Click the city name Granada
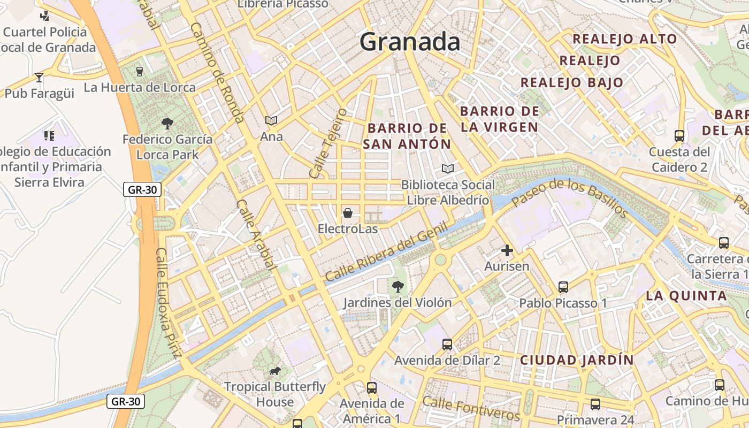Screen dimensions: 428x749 point(410,42)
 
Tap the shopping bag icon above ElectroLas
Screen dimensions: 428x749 point(348,213)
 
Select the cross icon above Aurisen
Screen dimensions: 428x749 point(507,250)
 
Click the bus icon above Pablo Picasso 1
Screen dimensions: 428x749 point(563,287)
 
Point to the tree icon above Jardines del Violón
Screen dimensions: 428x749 point(398,287)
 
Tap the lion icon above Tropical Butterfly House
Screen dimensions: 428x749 point(275,371)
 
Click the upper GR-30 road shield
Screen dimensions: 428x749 point(142,189)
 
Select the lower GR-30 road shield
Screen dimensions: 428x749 point(126,401)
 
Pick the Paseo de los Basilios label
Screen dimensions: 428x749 point(570,198)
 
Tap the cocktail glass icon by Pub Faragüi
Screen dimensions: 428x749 point(39,78)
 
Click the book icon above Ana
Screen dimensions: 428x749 point(271,121)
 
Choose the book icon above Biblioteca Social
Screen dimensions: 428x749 point(448,169)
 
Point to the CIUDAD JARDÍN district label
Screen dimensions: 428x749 point(577,360)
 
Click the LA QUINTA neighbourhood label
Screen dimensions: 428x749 point(686,295)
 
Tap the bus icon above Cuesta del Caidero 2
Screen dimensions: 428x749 point(679,136)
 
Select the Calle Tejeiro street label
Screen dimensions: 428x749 point(328,143)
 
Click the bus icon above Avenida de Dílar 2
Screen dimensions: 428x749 point(447,345)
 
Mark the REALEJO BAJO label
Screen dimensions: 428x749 point(572,82)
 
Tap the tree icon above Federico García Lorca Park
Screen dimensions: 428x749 point(167,124)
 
